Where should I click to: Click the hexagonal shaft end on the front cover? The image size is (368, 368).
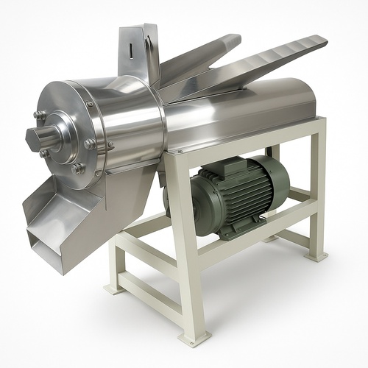(x=37, y=138)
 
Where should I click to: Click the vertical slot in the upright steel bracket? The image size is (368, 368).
(x=132, y=52)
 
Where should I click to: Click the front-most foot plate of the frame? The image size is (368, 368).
(x=194, y=339)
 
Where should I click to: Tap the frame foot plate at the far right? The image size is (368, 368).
(x=318, y=256)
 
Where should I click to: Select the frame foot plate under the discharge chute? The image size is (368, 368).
(x=115, y=289)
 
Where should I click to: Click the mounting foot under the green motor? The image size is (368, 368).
(x=228, y=233)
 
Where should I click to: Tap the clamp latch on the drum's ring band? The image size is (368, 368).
(x=90, y=145)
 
